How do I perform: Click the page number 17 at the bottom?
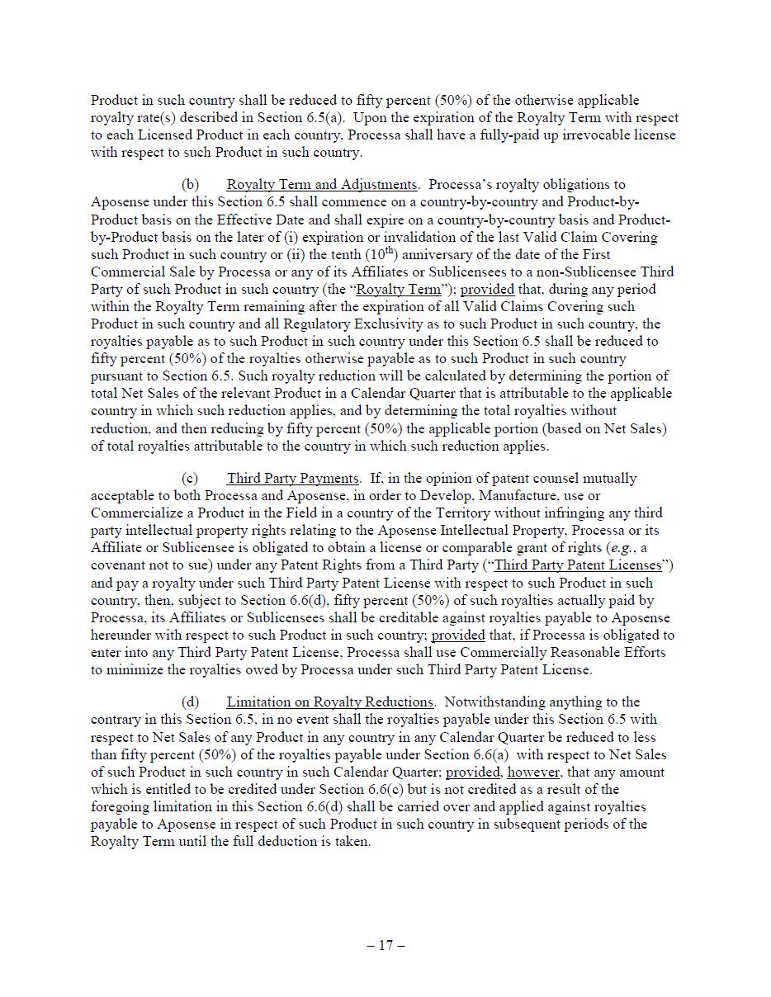[385, 945]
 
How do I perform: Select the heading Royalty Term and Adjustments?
[322, 185]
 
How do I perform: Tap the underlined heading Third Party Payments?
[293, 479]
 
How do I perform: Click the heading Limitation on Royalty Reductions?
[330, 702]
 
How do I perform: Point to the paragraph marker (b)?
[191, 185]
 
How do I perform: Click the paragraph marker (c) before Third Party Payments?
[191, 479]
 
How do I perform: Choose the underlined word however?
[534, 773]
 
